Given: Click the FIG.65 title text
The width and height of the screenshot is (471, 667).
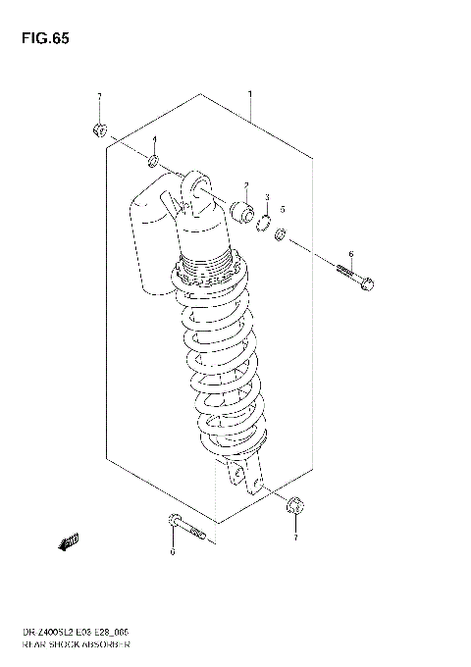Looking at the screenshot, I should coord(42,39).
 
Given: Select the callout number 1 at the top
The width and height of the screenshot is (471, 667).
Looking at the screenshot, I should coord(250,95).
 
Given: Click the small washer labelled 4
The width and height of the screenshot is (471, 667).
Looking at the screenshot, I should coord(154,161).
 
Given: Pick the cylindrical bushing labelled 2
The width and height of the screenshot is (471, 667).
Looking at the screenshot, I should coord(240,209).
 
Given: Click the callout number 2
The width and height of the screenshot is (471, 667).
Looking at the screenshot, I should coord(246,185).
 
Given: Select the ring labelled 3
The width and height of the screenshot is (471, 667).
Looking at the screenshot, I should coord(262,222).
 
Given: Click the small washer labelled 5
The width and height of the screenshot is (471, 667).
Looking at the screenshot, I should coord(281,234).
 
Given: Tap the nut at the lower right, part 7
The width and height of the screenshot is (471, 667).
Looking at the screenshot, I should coord(295,507).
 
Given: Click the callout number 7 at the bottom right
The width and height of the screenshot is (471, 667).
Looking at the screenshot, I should coord(295,538).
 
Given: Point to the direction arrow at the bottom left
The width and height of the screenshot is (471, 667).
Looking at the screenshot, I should coord(70,540).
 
